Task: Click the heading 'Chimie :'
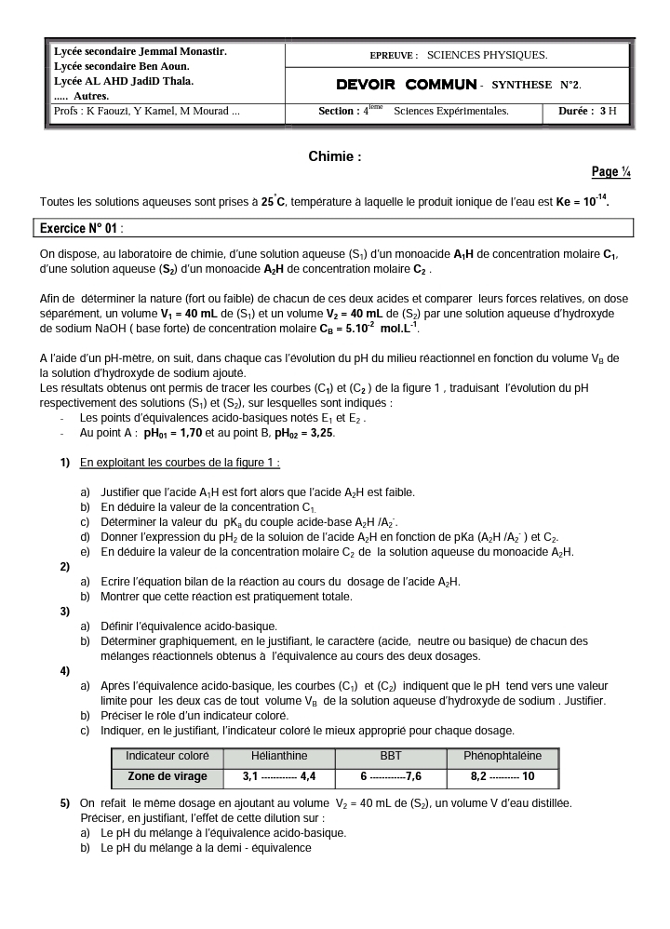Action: point(334,157)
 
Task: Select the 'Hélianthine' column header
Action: point(278,756)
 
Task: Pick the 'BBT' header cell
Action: point(391,756)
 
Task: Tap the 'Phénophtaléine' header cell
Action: point(502,756)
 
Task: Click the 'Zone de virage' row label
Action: point(167,776)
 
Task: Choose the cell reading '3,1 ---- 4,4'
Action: point(278,776)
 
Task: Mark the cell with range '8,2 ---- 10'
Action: point(502,776)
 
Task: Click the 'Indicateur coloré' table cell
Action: point(167,756)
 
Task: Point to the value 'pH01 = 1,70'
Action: point(182,434)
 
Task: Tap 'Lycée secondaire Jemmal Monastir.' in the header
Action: point(140,51)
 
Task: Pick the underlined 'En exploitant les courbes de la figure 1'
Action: point(180,463)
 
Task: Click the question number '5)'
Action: point(65,802)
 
